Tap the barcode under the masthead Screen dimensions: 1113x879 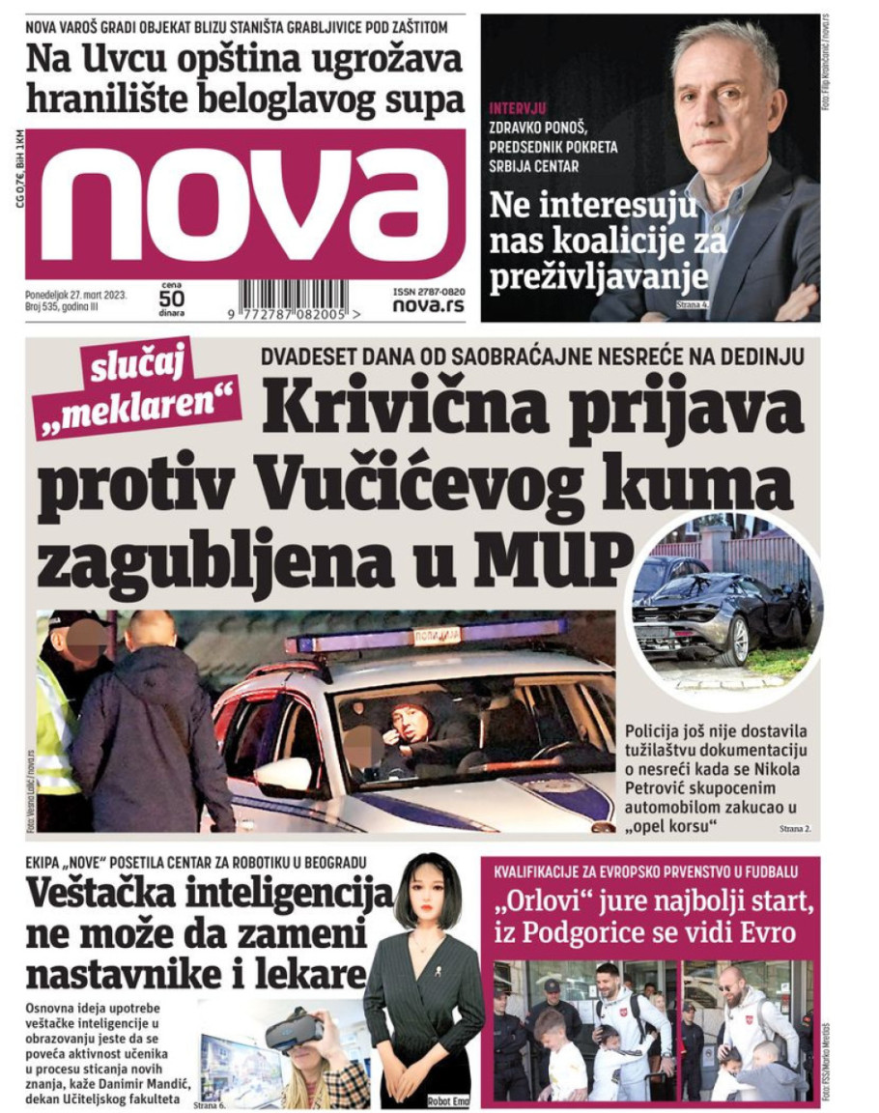pos(302,300)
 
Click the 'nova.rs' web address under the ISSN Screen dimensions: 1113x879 pos(428,305)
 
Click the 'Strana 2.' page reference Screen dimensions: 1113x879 pos(796,829)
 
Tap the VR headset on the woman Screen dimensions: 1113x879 pos(294,1031)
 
